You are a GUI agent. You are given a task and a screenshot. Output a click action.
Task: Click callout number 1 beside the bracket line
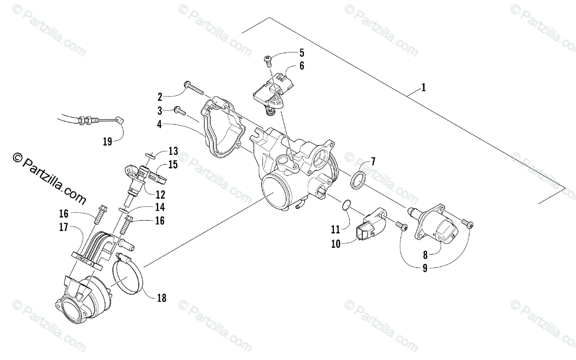coord(423,88)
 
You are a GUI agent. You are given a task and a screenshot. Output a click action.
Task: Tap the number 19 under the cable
coord(107,141)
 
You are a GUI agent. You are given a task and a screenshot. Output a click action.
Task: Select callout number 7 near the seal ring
coord(373,161)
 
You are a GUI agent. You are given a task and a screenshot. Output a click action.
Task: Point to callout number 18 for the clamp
coord(161,298)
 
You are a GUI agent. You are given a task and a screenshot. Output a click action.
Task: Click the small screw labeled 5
coord(267,60)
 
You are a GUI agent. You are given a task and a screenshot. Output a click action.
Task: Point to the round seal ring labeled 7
coord(358,180)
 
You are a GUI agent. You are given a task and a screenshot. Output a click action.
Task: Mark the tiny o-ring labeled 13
coord(149,155)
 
